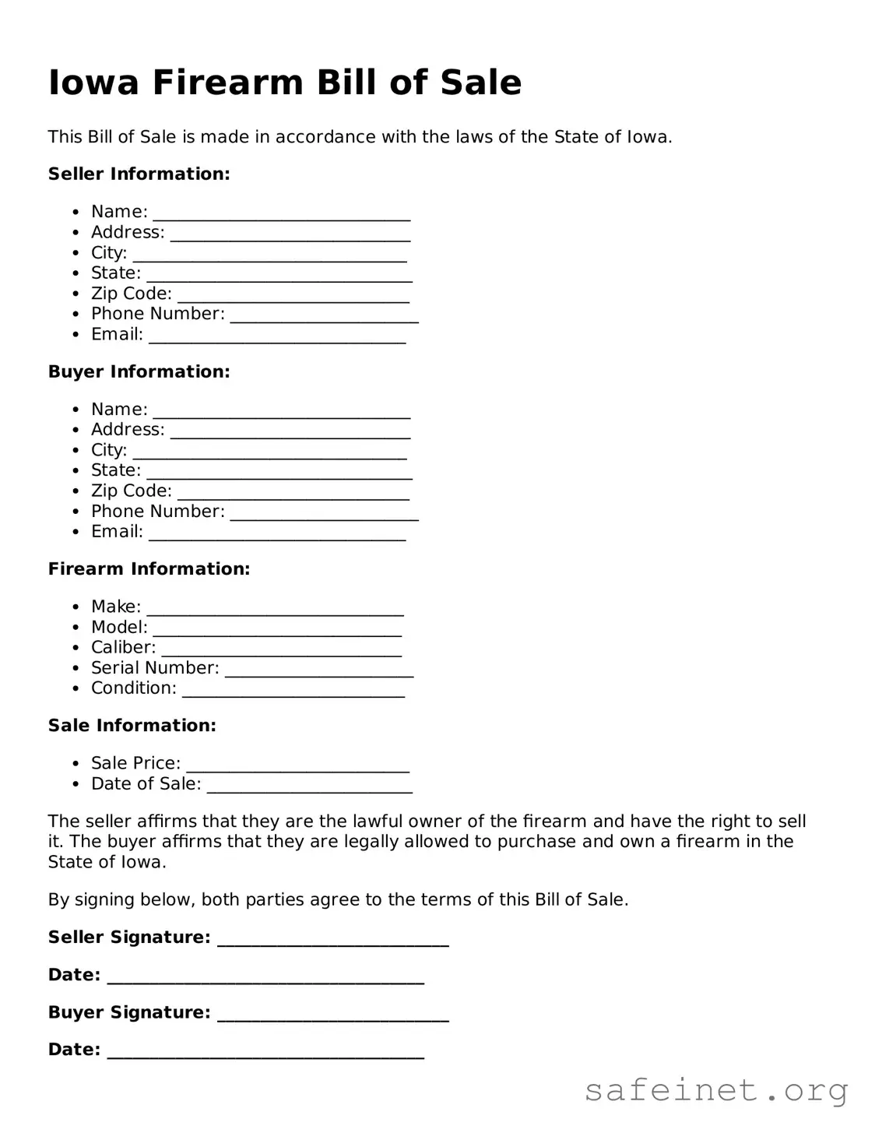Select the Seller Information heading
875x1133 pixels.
[139, 174]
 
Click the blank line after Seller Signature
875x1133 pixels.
[332, 940]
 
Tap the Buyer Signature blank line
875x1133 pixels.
[332, 1015]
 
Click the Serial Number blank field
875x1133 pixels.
[318, 670]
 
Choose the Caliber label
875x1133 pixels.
[123, 647]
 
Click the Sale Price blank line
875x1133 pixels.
[297, 765]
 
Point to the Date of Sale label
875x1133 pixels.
[146, 783]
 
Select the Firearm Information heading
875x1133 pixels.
[149, 569]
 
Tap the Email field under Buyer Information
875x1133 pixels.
[276, 533]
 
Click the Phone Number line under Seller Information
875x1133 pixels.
[324, 316]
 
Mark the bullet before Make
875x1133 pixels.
[76, 607]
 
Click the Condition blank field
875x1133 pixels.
[293, 691]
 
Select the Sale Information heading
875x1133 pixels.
[132, 726]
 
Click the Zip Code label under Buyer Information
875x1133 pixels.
[131, 491]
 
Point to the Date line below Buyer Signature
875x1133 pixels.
[265, 1052]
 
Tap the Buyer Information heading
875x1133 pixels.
[139, 371]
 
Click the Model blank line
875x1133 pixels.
[276, 630]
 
